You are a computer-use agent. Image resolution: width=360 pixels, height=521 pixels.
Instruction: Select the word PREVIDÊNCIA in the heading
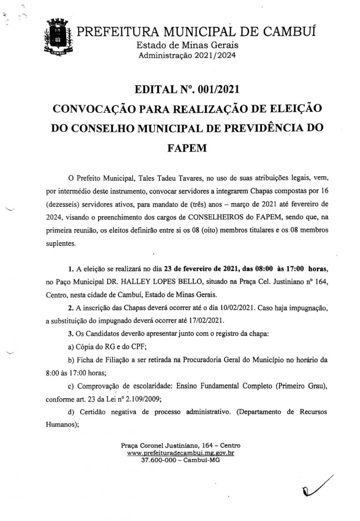click(x=260, y=128)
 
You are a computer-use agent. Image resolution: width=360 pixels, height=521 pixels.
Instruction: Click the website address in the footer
click(x=180, y=453)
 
